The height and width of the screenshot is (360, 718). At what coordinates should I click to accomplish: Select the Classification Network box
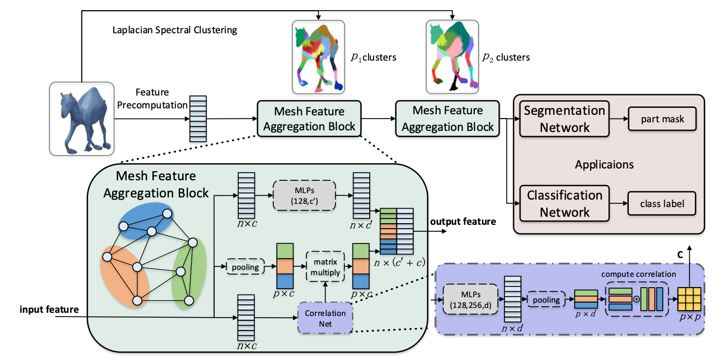(565, 203)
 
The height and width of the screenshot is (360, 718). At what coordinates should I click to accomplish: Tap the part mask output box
(662, 119)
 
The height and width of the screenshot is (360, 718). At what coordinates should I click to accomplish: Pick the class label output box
(662, 203)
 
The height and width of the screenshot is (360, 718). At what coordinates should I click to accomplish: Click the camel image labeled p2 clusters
(452, 57)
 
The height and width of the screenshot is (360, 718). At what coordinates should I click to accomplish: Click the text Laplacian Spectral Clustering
(174, 30)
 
